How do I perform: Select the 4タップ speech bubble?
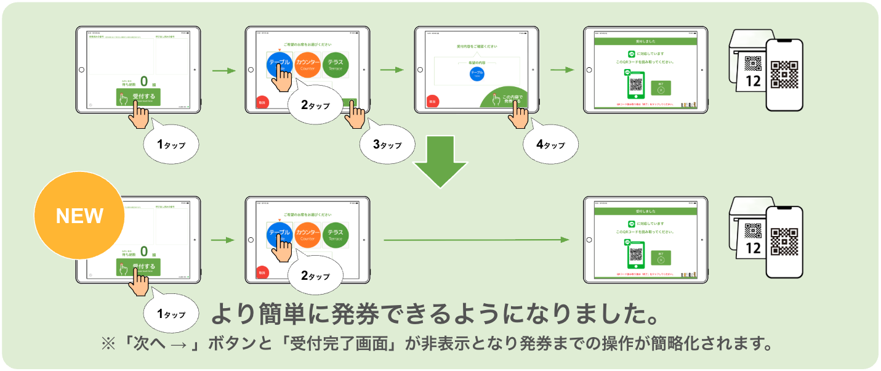point(550,145)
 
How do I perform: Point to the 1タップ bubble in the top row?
point(171,145)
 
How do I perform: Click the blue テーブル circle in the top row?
point(279,63)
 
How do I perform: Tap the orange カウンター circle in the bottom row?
point(307,235)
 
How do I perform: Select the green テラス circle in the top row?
point(336,63)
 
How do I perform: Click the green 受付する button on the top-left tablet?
point(139,97)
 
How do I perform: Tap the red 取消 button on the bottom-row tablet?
point(262,272)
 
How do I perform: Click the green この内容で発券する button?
point(512,99)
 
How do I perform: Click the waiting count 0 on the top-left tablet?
point(144,81)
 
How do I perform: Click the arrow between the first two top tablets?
point(224,71)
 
